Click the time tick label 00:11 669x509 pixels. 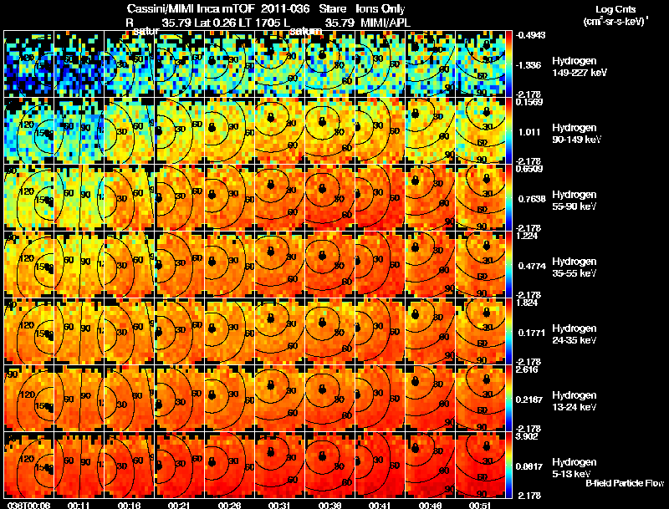click(79, 505)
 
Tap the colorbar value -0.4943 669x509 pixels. click(531, 35)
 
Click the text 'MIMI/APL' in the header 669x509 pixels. click(385, 23)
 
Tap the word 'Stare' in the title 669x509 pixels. click(345, 8)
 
